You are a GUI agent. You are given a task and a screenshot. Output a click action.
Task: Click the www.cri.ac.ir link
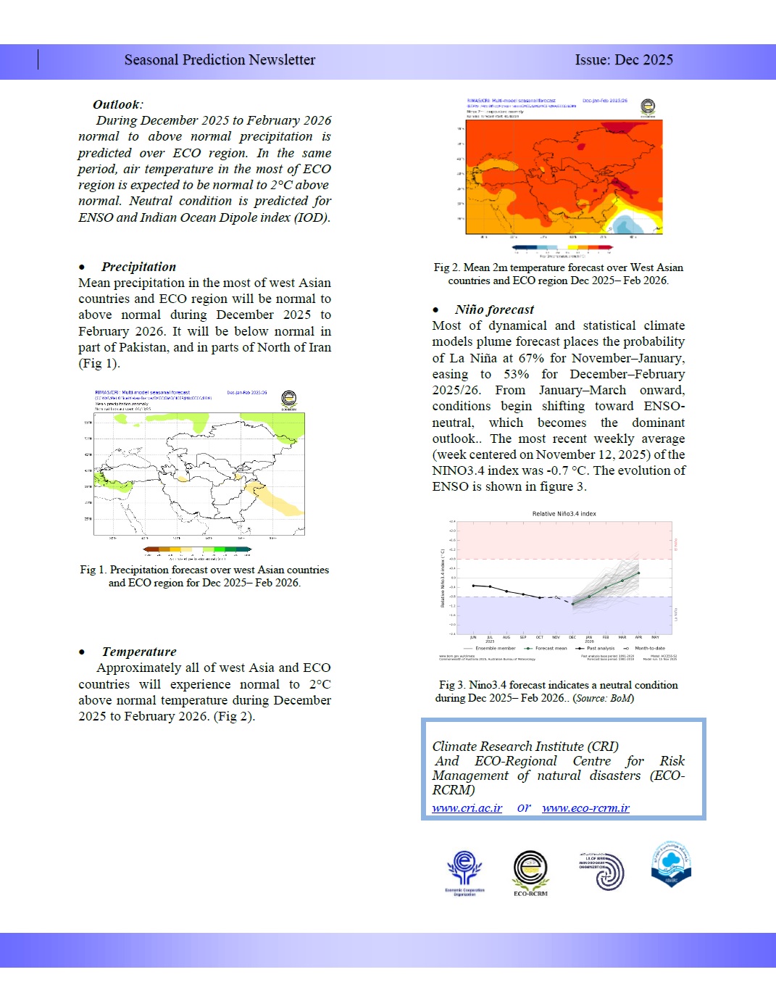click(x=467, y=808)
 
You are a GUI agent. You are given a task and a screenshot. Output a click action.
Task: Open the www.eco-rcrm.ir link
click(x=585, y=808)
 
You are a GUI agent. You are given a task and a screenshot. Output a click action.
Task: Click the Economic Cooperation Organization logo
click(x=464, y=872)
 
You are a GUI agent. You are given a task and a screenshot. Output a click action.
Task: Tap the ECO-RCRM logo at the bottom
click(x=530, y=872)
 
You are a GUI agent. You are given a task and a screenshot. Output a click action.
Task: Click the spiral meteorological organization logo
click(x=602, y=871)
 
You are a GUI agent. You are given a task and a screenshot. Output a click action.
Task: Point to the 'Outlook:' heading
click(x=117, y=104)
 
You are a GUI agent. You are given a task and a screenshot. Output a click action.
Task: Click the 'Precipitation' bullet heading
click(x=138, y=267)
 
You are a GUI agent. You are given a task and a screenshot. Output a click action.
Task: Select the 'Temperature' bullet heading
click(x=139, y=652)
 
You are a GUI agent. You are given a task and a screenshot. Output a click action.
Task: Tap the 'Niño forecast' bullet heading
click(x=494, y=310)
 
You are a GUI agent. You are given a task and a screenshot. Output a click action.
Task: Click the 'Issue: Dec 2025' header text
click(x=624, y=60)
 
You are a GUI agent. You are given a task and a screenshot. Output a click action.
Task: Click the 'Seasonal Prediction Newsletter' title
click(x=220, y=60)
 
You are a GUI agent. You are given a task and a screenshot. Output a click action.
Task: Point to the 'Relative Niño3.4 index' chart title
click(x=564, y=514)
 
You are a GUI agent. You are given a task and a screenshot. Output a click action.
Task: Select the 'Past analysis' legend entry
click(x=600, y=648)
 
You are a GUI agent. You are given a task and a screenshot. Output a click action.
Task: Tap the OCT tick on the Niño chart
click(x=539, y=637)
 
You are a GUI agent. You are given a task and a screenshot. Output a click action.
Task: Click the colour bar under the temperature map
click(x=562, y=247)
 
